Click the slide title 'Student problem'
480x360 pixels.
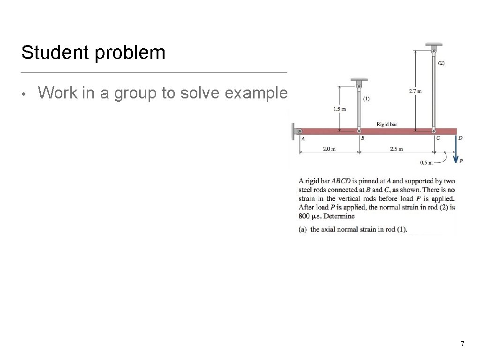93,52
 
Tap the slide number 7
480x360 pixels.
462,344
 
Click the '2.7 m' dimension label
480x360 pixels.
415,91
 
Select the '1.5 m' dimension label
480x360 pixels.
339,109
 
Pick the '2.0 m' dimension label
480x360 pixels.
329,149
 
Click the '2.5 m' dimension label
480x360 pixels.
396,149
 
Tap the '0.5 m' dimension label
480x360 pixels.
426,163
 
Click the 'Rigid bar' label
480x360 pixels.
387,124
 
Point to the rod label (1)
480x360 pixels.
367,99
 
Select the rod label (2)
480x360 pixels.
441,62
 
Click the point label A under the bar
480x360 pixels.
303,139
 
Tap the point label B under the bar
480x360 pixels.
362,138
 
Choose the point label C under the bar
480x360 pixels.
438,138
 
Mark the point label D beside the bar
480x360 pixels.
460,138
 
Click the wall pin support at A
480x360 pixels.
296,131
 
